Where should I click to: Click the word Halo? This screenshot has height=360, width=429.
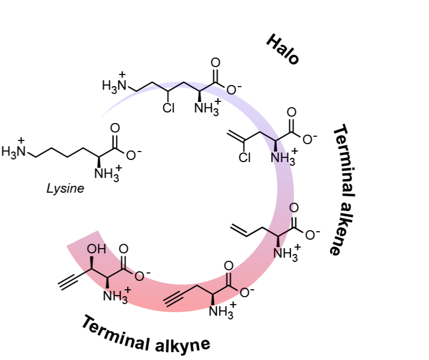[x=283, y=49]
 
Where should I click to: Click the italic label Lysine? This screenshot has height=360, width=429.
[x=65, y=188]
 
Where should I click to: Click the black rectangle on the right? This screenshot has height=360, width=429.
[x=402, y=188]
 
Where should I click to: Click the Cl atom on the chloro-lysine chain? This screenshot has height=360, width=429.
[x=169, y=108]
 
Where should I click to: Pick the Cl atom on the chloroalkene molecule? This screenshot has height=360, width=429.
[x=245, y=157]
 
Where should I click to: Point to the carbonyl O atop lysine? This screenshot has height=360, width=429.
[x=115, y=128]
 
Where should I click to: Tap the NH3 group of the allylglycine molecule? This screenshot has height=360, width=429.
[x=286, y=252]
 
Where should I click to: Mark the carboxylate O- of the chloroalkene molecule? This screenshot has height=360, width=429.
[x=309, y=138]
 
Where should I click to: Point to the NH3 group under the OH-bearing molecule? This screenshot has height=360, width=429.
[x=115, y=295]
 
